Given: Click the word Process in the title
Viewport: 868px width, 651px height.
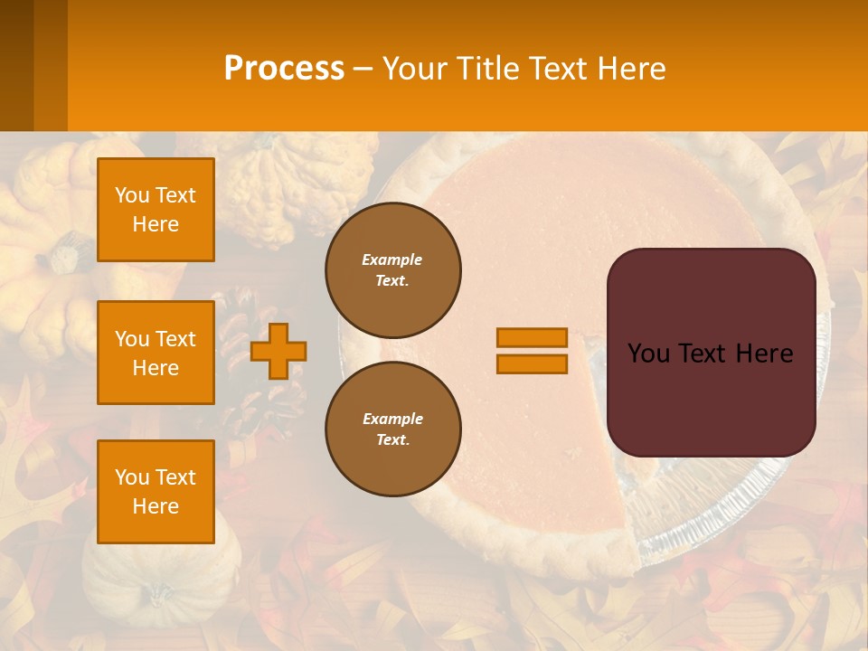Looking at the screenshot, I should click(x=284, y=69).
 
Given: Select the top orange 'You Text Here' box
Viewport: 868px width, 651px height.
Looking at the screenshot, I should click(x=156, y=210).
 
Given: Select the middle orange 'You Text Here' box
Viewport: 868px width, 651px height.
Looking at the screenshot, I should click(x=156, y=353).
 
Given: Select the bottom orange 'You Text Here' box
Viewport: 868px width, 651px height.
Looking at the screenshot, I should click(x=156, y=492).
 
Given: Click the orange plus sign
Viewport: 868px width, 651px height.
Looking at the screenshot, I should click(x=278, y=350).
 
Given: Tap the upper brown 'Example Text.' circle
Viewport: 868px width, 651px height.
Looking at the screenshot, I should click(x=393, y=270).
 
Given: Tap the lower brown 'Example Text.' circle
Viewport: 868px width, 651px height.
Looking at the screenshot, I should click(x=393, y=429).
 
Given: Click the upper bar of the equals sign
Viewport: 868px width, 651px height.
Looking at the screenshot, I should click(x=532, y=337).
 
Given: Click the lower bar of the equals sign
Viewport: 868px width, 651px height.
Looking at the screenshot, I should click(x=532, y=364).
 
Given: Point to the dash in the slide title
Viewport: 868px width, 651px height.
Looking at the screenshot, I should click(x=363, y=70).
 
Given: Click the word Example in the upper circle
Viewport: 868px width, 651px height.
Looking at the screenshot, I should click(x=392, y=259).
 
